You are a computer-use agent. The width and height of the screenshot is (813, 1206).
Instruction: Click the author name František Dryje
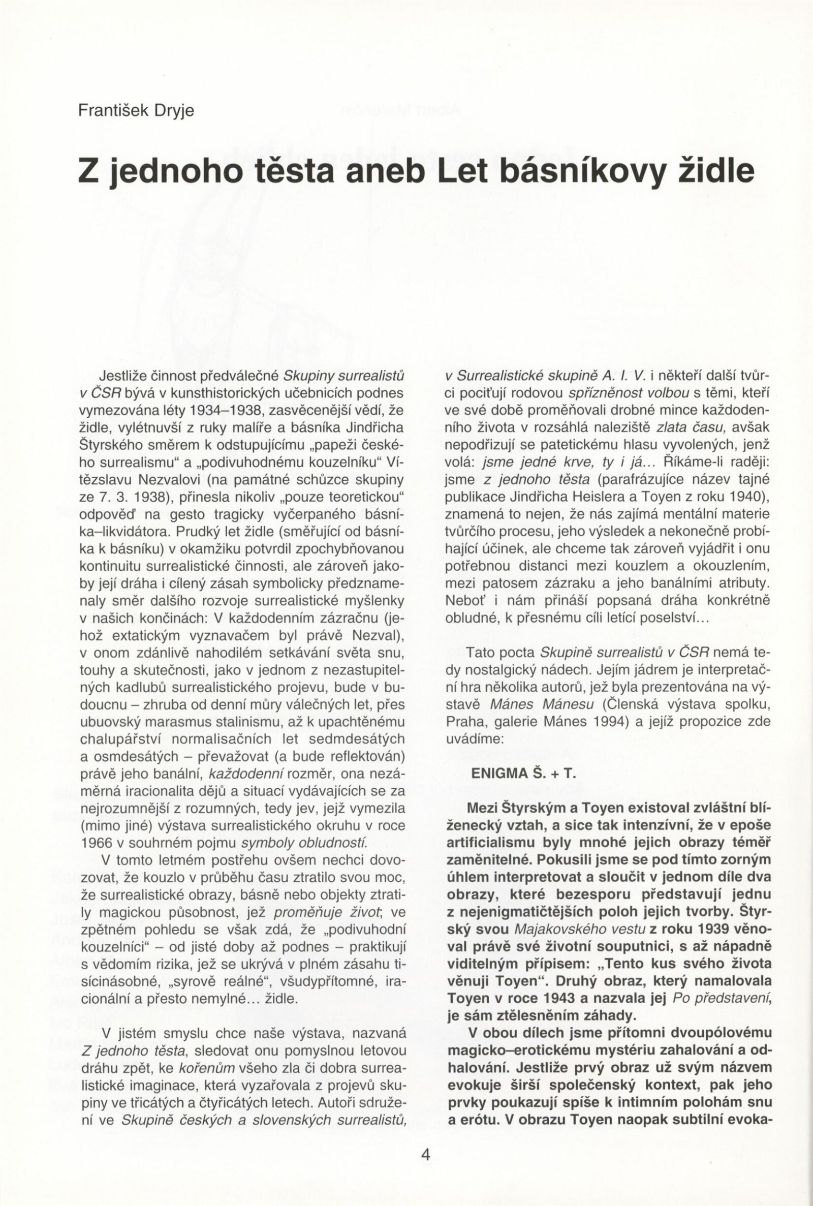[x=136, y=111]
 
